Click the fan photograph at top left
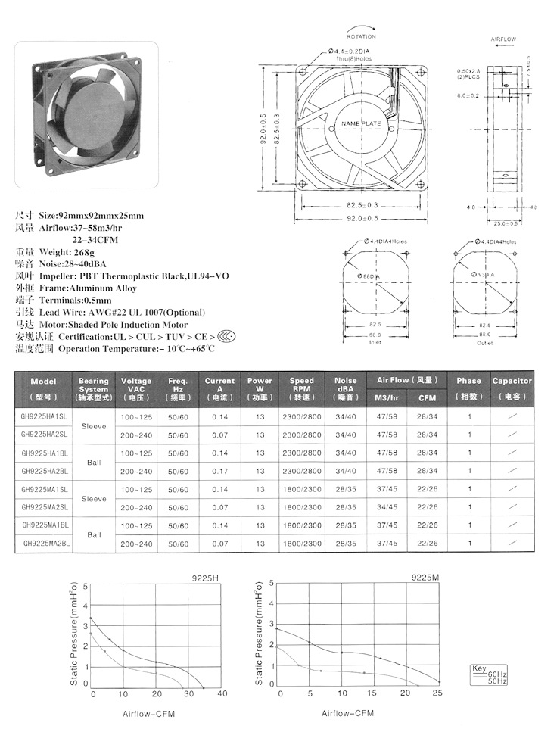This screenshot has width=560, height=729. pyautogui.click(x=86, y=113)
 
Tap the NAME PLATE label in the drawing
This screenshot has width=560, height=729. pyautogui.click(x=361, y=123)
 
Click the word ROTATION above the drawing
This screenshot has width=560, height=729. pyautogui.click(x=361, y=36)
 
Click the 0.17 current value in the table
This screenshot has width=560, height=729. pyautogui.click(x=219, y=471)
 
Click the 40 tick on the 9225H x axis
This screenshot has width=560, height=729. pyautogui.click(x=222, y=694)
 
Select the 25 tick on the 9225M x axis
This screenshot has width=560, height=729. pyautogui.click(x=437, y=694)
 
